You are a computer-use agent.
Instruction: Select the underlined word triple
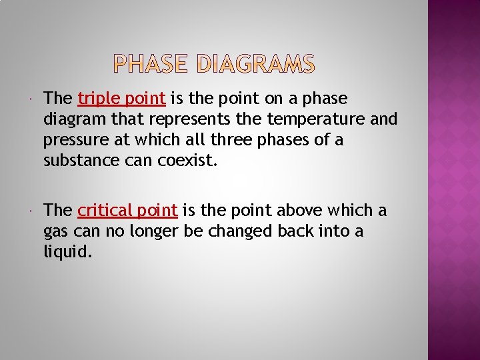tap(99, 99)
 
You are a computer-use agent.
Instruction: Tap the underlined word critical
tap(105, 211)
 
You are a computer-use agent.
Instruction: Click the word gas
tap(56, 232)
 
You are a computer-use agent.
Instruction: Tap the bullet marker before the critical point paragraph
tap(33, 211)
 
